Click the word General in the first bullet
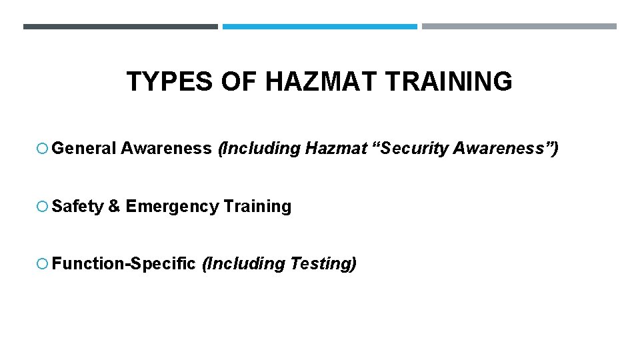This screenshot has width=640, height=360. (83, 149)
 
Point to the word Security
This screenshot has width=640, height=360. (412, 149)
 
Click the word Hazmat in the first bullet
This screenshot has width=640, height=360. (336, 149)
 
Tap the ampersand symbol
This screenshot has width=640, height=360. (114, 207)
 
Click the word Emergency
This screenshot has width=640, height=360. (172, 207)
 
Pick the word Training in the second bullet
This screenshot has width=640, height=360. (258, 207)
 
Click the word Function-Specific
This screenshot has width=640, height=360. (123, 264)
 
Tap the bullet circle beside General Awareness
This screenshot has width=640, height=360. (43, 149)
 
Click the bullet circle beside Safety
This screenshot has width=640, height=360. (43, 207)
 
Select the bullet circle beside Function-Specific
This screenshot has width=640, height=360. (43, 264)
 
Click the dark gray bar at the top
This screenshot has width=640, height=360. (120, 27)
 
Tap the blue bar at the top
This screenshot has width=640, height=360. (319, 27)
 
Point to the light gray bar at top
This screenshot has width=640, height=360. (519, 27)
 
